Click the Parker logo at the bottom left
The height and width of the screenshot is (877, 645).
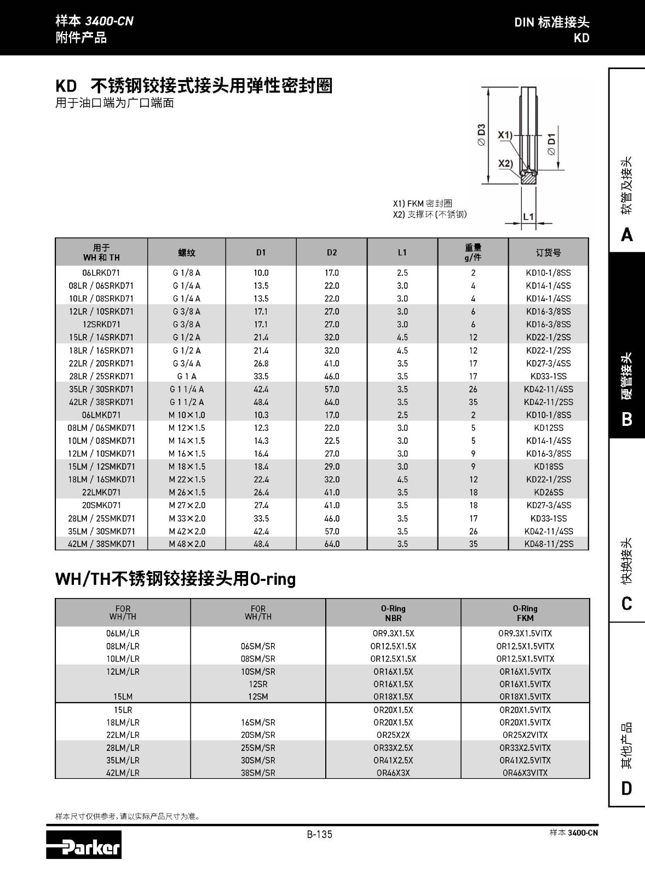click(84, 845)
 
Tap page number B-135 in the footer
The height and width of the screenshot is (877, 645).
click(319, 834)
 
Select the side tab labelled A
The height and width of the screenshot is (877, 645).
click(627, 235)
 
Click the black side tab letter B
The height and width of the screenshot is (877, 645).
click(627, 419)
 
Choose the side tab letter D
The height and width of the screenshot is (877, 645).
click(627, 788)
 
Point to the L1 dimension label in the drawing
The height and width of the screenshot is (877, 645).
click(528, 217)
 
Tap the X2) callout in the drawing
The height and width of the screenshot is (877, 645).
click(505, 163)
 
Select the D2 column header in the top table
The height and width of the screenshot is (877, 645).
click(332, 253)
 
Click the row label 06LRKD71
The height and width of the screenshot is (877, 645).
click(101, 272)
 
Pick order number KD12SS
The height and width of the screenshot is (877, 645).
click(548, 428)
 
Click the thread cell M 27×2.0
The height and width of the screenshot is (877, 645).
click(187, 505)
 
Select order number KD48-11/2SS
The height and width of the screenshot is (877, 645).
click(548, 544)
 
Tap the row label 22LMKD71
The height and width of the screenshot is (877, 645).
click(101, 492)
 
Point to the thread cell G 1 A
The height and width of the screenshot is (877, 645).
click(187, 376)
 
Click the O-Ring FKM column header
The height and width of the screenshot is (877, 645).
click(525, 613)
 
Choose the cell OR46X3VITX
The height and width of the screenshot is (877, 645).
click(525, 773)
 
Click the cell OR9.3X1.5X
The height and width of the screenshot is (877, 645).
click(393, 633)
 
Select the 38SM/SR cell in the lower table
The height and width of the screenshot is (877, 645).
click(258, 773)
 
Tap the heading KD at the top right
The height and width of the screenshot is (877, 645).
click(581, 38)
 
